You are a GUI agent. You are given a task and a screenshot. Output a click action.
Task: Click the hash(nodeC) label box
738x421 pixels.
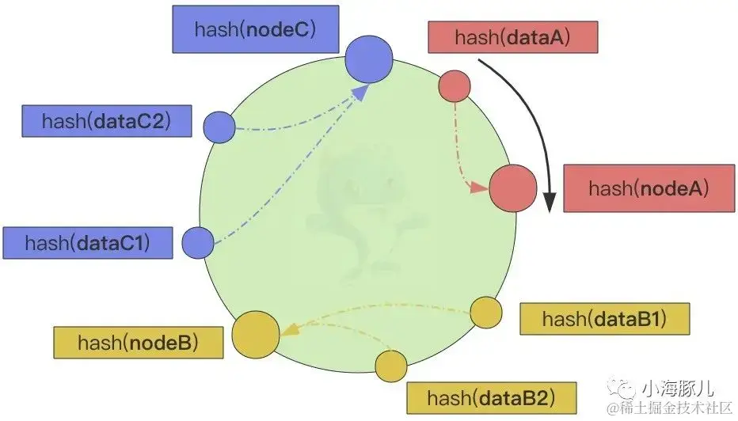pyautogui.click(x=256, y=29)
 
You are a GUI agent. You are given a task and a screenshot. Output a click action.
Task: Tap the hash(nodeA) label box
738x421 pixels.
pyautogui.click(x=648, y=189)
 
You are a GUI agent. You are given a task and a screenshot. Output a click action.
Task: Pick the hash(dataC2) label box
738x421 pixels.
pyautogui.click(x=107, y=121)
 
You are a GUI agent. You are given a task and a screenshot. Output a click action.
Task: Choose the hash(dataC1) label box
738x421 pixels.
pyautogui.click(x=87, y=242)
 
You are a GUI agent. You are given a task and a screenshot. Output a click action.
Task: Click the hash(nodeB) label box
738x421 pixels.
pyautogui.click(x=138, y=342)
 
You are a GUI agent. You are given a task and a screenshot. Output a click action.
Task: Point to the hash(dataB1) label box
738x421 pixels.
pyautogui.click(x=604, y=319)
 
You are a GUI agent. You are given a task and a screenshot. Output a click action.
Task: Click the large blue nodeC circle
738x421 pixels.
pyautogui.click(x=369, y=58)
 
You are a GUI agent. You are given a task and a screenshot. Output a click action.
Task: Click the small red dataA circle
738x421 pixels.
pyautogui.click(x=455, y=86)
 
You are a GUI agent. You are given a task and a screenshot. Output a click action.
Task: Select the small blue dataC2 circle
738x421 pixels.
pyautogui.click(x=219, y=127)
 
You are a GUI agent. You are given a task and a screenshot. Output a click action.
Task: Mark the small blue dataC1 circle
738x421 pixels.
pyautogui.click(x=198, y=241)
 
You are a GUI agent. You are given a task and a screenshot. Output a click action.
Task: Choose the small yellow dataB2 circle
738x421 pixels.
pyautogui.click(x=391, y=366)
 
